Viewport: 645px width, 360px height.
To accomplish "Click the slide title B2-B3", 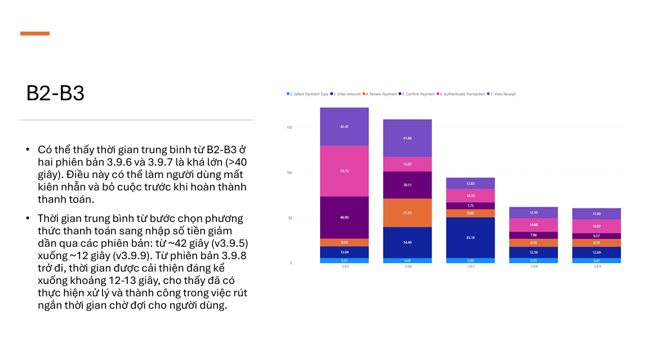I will tap(55, 93).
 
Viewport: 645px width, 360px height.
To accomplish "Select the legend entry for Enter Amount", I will tap(346, 94).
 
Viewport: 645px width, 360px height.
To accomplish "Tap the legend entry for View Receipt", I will tap(502, 94).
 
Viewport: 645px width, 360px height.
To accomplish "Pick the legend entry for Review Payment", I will tap(382, 94).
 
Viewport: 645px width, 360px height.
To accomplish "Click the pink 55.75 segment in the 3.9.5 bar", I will tap(344, 171).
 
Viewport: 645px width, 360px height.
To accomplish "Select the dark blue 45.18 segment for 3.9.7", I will tap(470, 237).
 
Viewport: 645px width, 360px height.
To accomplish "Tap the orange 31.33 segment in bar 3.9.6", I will tap(407, 212).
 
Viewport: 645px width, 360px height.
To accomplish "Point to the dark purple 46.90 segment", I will tap(344, 217).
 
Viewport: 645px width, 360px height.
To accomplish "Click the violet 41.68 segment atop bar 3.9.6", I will tap(407, 138).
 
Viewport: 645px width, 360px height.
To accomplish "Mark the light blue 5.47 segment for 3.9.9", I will tap(597, 260).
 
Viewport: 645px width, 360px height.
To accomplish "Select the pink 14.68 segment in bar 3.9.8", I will tap(533, 225).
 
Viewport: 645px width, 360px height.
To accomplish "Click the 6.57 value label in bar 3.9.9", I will tap(597, 236).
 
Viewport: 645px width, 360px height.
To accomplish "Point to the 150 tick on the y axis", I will tap(290, 128).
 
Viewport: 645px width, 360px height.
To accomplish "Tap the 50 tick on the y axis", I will tap(290, 218).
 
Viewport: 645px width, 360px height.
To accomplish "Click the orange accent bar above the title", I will tap(35, 34).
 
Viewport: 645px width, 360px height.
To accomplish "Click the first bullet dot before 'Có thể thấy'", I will tap(28, 150).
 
